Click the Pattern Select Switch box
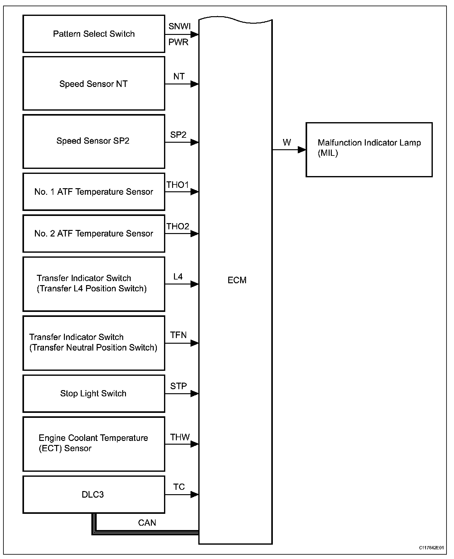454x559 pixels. pyautogui.click(x=94, y=34)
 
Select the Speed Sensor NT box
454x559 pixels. pyautogui.click(x=94, y=84)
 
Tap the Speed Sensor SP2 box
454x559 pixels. pyautogui.click(x=94, y=141)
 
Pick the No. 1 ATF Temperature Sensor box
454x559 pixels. pyautogui.click(x=94, y=192)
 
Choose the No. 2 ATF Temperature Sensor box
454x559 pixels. pyautogui.click(x=94, y=233)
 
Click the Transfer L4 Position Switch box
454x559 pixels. pyautogui.click(x=94, y=284)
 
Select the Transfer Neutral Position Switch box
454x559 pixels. pyautogui.click(x=94, y=343)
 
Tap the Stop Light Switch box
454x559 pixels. pyautogui.click(x=94, y=394)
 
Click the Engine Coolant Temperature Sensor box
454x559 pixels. pyautogui.click(x=94, y=444)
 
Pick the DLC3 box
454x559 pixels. pyautogui.click(x=94, y=494)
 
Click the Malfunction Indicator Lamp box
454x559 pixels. pyautogui.click(x=369, y=150)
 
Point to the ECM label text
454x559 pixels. pyautogui.click(x=237, y=280)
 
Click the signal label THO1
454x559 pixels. pyautogui.click(x=177, y=185)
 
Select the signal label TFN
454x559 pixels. pyautogui.click(x=178, y=335)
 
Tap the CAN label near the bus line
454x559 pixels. pyautogui.click(x=147, y=523)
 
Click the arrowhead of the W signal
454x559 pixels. pyautogui.click(x=302, y=150)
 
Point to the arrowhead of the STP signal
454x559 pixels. pyautogui.click(x=195, y=394)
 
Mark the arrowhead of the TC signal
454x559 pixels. pyautogui.click(x=195, y=494)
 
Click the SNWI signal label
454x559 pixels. pyautogui.click(x=179, y=26)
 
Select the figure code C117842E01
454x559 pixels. pyautogui.click(x=431, y=548)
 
